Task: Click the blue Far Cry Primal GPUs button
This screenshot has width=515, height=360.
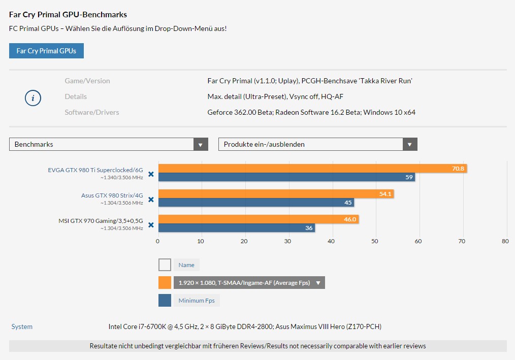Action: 46,51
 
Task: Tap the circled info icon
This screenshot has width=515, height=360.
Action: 33,98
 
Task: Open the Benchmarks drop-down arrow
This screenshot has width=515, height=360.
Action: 200,144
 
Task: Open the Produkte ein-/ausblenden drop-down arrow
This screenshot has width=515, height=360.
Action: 409,144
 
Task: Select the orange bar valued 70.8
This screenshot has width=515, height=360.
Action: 312,169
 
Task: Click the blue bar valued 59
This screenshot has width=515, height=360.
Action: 287,177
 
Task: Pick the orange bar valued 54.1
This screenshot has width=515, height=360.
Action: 276,194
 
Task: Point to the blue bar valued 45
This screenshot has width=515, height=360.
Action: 256,202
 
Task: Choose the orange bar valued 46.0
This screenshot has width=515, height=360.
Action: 259,219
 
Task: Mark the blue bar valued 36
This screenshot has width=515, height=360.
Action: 237,227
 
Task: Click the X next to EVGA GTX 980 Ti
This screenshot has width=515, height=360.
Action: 151,174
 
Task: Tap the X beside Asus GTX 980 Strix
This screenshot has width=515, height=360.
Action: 151,200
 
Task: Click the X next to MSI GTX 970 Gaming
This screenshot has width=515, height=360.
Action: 151,224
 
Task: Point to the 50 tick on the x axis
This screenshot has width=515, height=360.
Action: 375,241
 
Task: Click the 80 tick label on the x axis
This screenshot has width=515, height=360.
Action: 505,241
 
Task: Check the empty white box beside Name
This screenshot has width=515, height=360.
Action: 165,265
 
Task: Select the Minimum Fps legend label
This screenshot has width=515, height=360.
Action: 197,300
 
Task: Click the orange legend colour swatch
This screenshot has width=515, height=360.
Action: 165,282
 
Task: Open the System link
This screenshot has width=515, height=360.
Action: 22,326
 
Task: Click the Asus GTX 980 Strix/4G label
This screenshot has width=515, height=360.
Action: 112,195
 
